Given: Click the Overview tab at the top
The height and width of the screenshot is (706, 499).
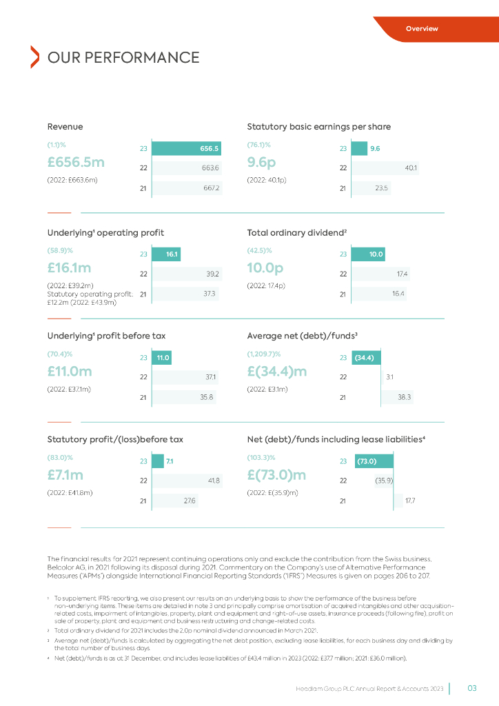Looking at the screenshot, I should (x=422, y=29).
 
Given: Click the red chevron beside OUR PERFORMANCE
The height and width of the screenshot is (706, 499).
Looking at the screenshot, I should (x=34, y=57).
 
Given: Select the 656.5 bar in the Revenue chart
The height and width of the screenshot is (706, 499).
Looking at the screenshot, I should (x=187, y=148).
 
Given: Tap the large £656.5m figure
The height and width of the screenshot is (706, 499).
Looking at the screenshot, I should (x=76, y=162).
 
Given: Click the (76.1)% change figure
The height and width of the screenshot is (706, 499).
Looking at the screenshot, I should (x=258, y=145).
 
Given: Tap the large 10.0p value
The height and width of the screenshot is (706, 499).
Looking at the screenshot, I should (x=266, y=267).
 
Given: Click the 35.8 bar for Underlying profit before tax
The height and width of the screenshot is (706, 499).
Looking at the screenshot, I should (x=184, y=397).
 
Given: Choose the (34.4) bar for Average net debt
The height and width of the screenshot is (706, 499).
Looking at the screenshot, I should (x=367, y=358).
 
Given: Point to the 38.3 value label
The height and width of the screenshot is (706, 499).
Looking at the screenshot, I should (x=404, y=397).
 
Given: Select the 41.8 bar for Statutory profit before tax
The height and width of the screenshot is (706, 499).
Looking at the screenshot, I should (x=187, y=481).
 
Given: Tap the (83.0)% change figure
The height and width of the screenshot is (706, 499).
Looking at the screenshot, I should (x=60, y=457).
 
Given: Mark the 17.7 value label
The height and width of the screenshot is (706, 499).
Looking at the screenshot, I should (x=410, y=501).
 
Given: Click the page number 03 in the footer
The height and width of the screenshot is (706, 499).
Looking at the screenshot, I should (x=472, y=687).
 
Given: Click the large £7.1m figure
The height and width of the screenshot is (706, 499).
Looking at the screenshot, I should (x=65, y=475).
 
